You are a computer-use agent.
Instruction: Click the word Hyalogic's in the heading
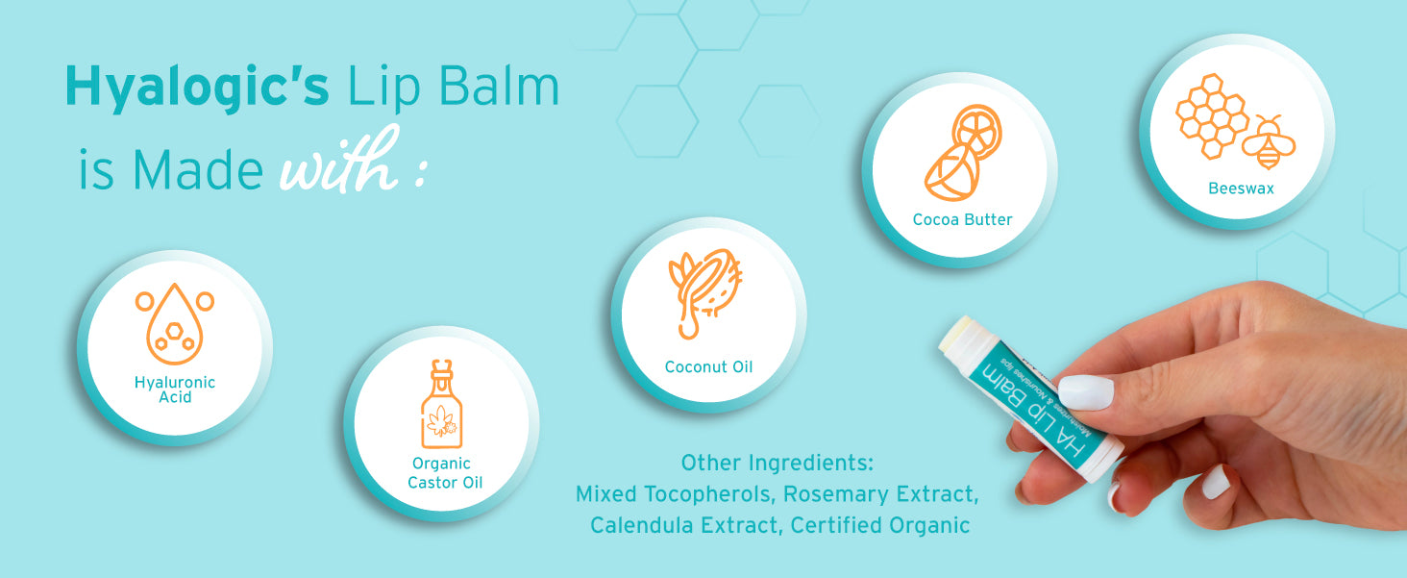coord(197,88)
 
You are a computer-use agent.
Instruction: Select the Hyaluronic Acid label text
coord(175,390)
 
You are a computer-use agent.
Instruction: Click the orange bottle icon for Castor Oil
coord(441,403)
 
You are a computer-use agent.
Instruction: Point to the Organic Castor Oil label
coord(445,472)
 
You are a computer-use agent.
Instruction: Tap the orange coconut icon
coord(705,292)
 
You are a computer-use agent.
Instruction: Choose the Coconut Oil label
coord(708,367)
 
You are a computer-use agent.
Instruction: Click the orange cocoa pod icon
coord(963,153)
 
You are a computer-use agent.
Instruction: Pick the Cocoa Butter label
coord(962,219)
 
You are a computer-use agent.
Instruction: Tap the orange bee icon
coord(1269,142)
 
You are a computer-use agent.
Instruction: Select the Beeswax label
coord(1241,188)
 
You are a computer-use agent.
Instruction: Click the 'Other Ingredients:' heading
coord(777,463)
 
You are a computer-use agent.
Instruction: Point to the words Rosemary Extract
coord(880,494)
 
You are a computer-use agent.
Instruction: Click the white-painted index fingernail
coord(1086,392)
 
